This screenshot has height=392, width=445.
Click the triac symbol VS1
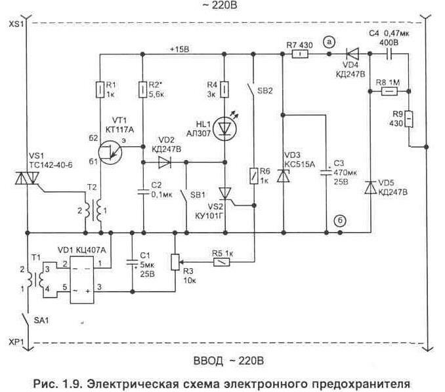click(x=28, y=178)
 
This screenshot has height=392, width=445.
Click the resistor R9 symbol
click(x=408, y=119)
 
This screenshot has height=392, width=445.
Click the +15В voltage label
click(x=178, y=49)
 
